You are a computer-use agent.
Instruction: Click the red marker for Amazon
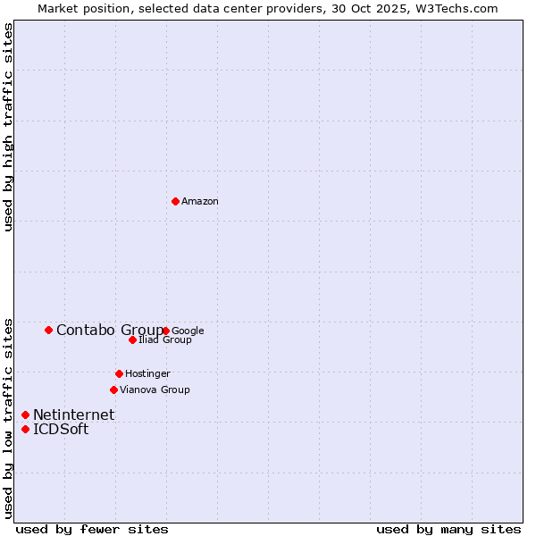click(x=175, y=201)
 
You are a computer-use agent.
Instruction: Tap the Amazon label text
click(x=200, y=202)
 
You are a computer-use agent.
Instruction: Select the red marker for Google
click(x=166, y=331)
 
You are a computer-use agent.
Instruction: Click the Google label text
click(x=188, y=331)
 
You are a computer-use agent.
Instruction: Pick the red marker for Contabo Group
click(x=48, y=330)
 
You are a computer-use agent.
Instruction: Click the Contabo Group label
click(x=110, y=331)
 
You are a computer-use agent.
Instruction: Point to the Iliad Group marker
click(x=132, y=339)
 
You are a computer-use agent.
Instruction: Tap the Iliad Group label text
click(x=165, y=340)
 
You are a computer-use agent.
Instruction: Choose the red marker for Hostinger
click(x=119, y=373)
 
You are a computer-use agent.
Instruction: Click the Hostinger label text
click(x=147, y=374)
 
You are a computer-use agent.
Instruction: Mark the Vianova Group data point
click(x=113, y=389)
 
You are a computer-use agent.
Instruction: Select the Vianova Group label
click(x=155, y=390)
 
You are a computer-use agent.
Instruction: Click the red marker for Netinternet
click(x=25, y=415)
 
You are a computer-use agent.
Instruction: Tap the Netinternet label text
click(x=73, y=415)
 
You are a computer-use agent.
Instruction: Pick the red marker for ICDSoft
click(x=25, y=429)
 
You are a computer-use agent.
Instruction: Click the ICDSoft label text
click(x=61, y=430)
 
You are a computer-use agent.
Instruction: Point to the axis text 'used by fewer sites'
click(x=92, y=529)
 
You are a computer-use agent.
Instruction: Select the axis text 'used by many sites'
click(x=448, y=529)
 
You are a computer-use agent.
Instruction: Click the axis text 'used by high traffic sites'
click(x=9, y=127)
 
